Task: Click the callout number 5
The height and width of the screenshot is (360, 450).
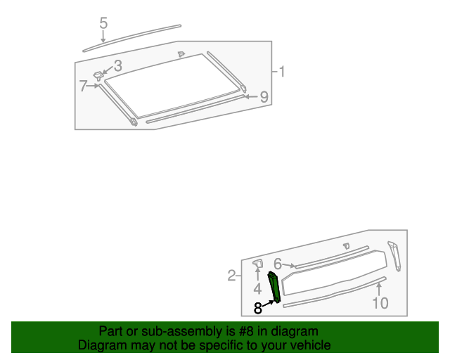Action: (x=103, y=24)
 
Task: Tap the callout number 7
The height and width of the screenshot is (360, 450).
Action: (x=83, y=86)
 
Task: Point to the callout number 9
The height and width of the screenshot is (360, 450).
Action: (x=264, y=97)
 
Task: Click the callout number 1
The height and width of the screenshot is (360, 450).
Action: (x=281, y=72)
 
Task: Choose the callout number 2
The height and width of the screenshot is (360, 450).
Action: (x=232, y=276)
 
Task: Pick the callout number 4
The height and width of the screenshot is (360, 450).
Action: (x=257, y=288)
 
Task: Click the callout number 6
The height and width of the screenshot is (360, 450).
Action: (x=278, y=264)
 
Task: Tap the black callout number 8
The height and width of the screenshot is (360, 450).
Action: (x=257, y=307)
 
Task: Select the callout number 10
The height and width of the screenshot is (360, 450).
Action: (x=380, y=303)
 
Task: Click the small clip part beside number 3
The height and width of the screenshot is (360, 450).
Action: (x=98, y=75)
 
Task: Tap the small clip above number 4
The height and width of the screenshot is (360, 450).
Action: (x=257, y=264)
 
